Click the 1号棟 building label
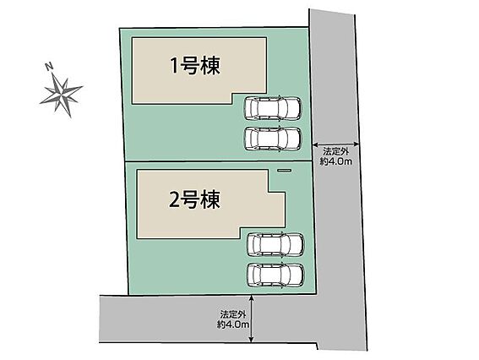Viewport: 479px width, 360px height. (195, 66)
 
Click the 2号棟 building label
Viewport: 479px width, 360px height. (194, 199)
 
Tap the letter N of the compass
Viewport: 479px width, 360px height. (48, 66)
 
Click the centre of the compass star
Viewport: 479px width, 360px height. (62, 92)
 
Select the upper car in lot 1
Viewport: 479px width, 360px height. (273, 108)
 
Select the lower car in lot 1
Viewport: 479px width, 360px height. (273, 139)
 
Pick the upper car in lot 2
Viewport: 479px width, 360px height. (275, 244)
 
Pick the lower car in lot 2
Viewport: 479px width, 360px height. (275, 275)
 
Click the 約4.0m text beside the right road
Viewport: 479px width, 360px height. (336, 161)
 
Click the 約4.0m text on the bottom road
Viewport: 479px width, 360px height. (233, 324)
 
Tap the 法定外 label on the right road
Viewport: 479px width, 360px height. (336, 151)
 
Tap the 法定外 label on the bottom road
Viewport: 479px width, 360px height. (233, 314)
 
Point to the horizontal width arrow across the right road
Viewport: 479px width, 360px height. (336, 144)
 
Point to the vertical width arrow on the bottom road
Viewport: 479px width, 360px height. (251, 319)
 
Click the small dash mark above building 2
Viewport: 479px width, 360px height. (285, 170)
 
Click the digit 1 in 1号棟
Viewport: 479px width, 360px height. (174, 66)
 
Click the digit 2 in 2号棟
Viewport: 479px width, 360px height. (174, 200)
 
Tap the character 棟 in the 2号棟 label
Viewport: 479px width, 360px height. (210, 199)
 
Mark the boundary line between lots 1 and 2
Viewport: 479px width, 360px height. (219, 161)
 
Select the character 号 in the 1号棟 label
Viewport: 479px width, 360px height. (189, 66)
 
